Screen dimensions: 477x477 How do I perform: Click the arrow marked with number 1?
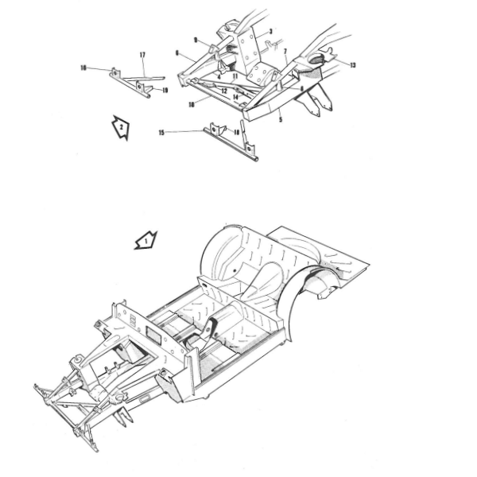click(146, 239)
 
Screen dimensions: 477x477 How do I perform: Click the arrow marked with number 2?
click(119, 127)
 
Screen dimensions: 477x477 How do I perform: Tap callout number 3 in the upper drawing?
click(270, 32)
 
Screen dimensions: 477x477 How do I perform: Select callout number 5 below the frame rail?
click(280, 120)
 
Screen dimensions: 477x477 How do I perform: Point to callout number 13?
click(352, 64)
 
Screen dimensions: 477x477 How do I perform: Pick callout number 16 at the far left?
click(83, 68)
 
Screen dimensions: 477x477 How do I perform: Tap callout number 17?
click(142, 55)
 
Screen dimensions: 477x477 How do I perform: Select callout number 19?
click(165, 91)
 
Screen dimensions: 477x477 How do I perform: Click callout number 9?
click(195, 39)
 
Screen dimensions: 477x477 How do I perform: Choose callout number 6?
click(176, 54)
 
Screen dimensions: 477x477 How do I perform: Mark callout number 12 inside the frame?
click(225, 91)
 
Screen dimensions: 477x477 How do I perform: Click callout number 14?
click(236, 97)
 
